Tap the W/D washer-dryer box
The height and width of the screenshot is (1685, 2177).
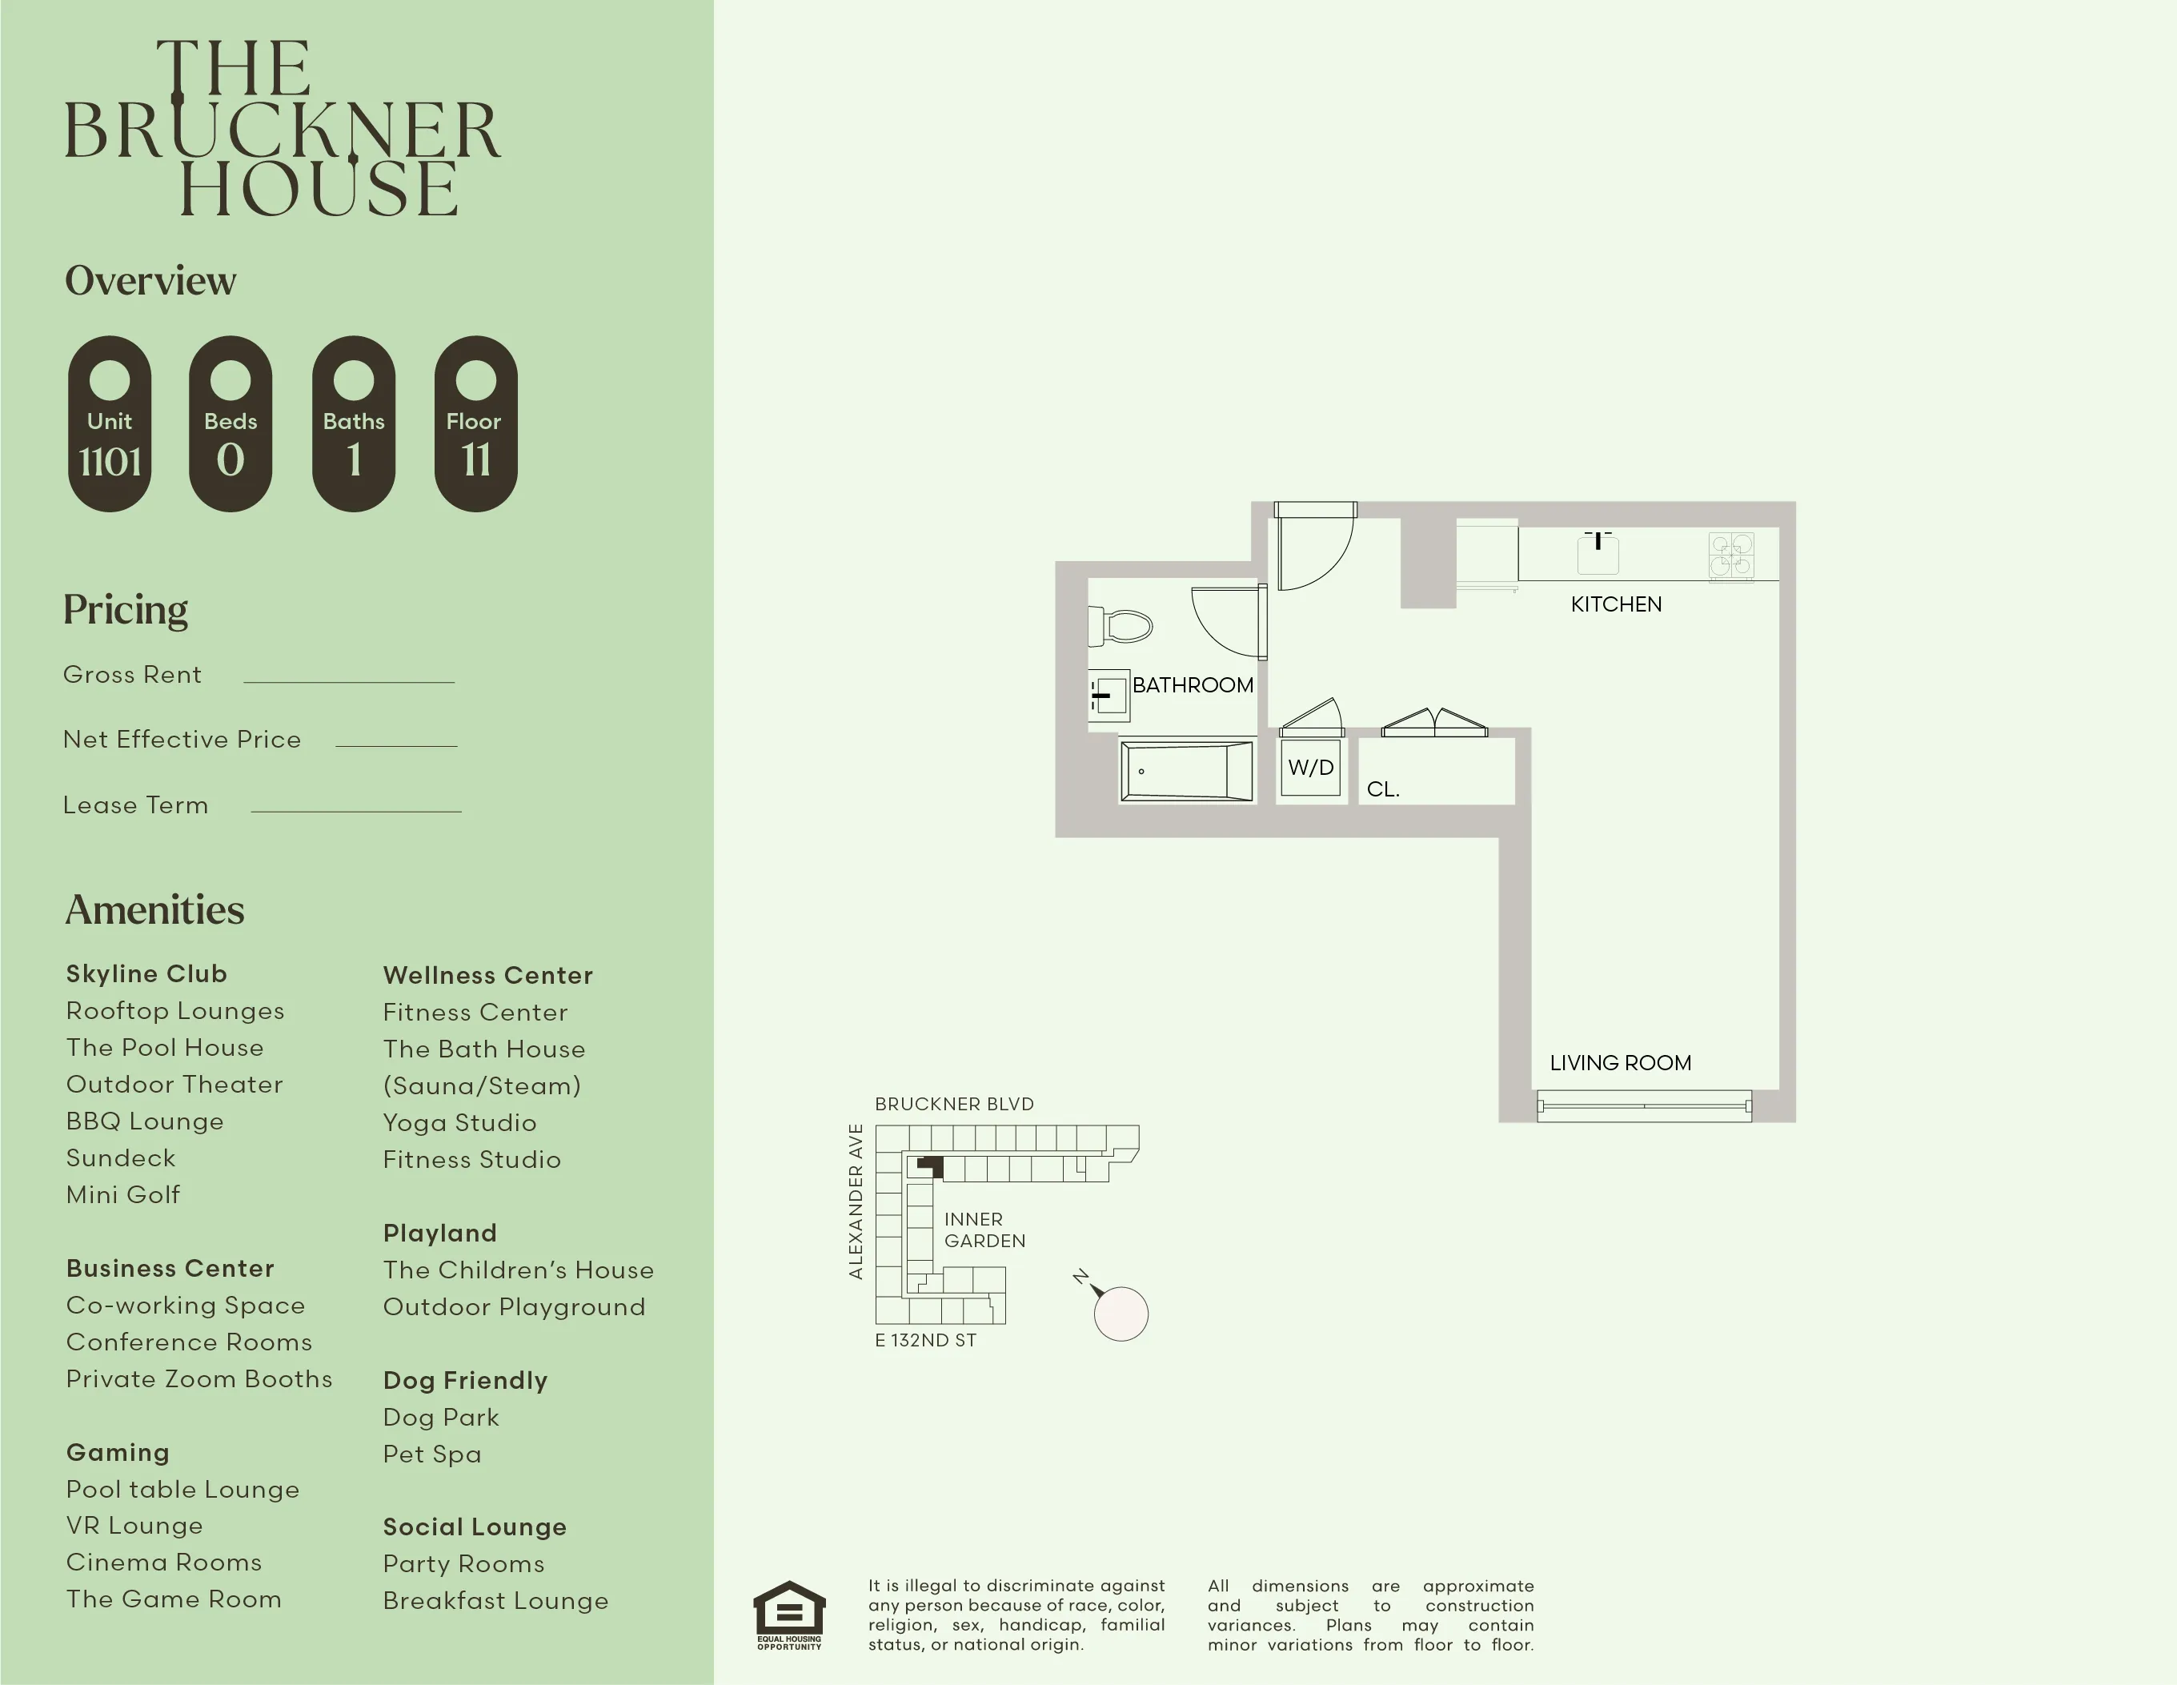(1309, 768)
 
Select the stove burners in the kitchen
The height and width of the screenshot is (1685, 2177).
(1730, 556)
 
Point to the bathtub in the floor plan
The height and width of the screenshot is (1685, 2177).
(1186, 771)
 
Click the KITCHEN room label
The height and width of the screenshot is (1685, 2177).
(1616, 604)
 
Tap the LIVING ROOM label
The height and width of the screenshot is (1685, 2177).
(1620, 1063)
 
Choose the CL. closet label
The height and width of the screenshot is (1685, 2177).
(1382, 788)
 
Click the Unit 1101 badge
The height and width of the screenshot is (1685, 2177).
(110, 423)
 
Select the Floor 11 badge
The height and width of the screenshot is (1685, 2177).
(475, 423)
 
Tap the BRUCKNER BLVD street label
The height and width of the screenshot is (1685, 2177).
(954, 1104)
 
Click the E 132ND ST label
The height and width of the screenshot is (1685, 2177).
(925, 1340)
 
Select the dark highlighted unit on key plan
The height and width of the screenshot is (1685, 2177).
(931, 1166)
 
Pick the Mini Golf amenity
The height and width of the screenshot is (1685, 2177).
(122, 1194)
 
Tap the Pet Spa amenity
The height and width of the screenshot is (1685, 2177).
(431, 1454)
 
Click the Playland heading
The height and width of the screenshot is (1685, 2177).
(439, 1234)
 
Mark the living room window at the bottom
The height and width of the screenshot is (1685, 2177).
(1644, 1105)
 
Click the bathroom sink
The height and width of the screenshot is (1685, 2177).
(1109, 695)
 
